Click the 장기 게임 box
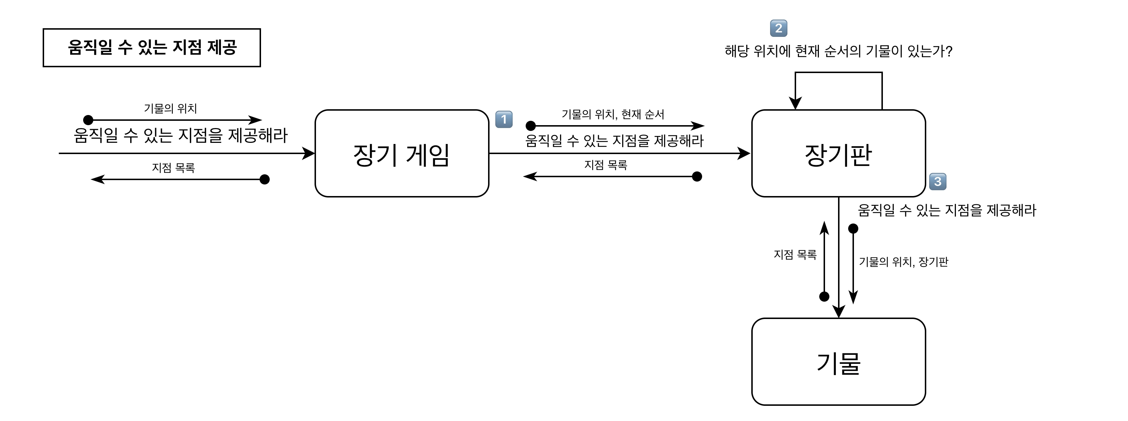coord(402,153)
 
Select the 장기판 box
coord(838,153)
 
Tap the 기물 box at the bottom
coord(838,362)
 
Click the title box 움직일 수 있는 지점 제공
coord(151,48)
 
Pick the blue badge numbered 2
coord(778,29)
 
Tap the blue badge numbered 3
coord(937,181)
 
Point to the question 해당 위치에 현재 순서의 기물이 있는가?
coord(838,52)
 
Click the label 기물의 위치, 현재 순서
coord(612,114)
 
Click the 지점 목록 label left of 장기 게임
coord(174,168)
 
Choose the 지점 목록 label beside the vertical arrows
coord(795,255)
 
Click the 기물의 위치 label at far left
coord(170,108)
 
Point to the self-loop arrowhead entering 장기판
coord(795,104)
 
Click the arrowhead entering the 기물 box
coord(838,312)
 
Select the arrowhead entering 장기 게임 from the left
coord(309,153)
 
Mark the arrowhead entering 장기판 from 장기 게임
coord(744,153)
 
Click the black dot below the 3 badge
coord(853,229)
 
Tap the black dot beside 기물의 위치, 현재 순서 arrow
coord(531,126)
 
